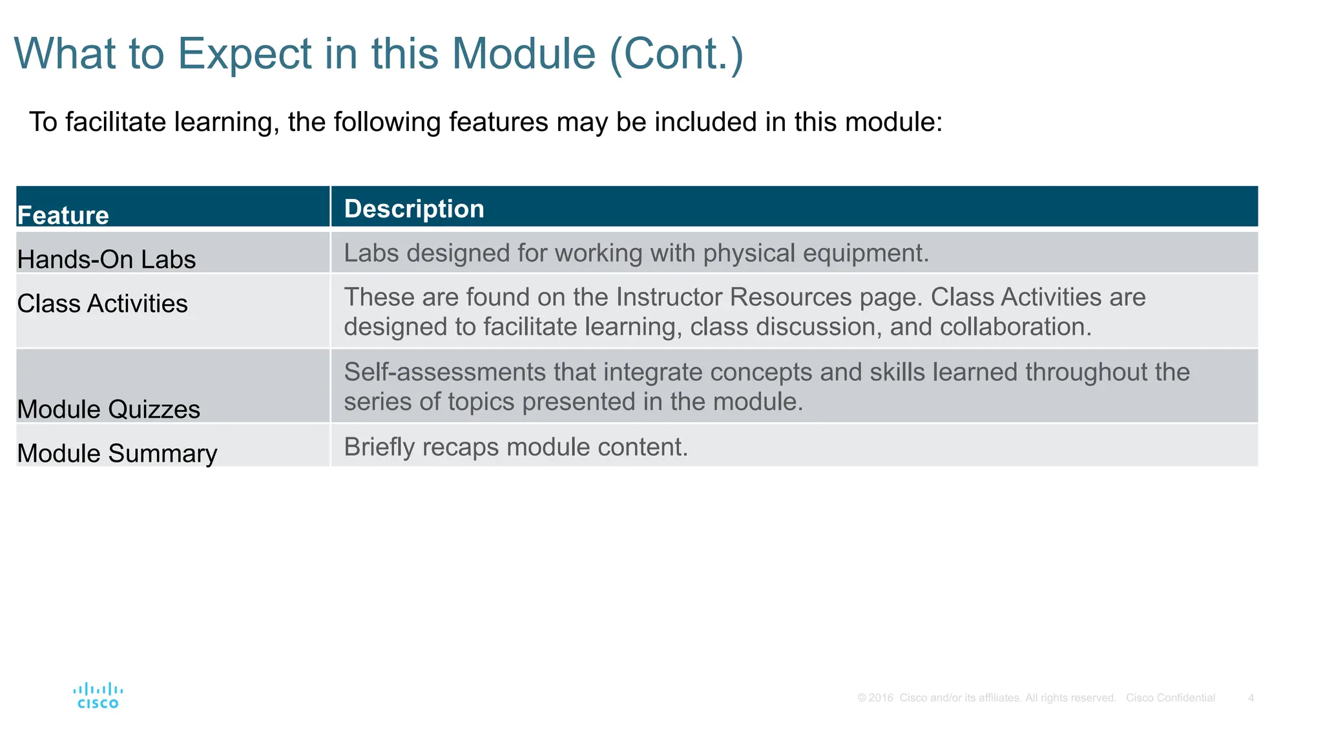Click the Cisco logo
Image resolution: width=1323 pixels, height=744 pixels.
click(98, 696)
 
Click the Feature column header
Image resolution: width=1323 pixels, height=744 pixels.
click(63, 216)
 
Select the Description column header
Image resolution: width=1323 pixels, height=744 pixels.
click(414, 209)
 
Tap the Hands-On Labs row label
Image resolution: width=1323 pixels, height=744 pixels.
click(107, 260)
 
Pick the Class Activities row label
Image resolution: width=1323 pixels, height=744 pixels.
click(102, 304)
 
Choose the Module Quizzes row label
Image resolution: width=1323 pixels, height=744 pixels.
click(109, 409)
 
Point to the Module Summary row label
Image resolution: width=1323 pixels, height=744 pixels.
click(117, 453)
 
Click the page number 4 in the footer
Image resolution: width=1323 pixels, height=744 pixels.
click(1251, 698)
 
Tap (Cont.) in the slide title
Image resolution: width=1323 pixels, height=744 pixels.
click(677, 54)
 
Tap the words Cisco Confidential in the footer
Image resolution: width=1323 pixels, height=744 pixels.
click(1170, 698)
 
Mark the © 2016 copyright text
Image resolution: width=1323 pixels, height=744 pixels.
click(875, 698)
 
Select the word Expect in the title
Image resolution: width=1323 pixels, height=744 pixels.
click(245, 54)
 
